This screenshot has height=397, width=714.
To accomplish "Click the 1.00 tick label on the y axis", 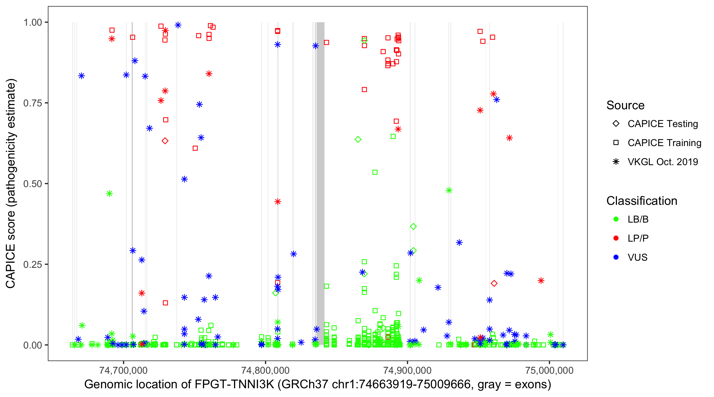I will pyautogui.click(x=33, y=22).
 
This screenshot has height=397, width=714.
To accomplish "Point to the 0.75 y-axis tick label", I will pyautogui.click(x=33, y=103).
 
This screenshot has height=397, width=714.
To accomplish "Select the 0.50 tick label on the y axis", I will pyautogui.click(x=33, y=184).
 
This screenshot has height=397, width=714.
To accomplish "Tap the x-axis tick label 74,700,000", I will pyautogui.click(x=123, y=370).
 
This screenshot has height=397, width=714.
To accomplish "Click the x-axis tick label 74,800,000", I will pyautogui.click(x=265, y=370).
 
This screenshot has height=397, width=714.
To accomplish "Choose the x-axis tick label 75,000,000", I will pyautogui.click(x=549, y=370).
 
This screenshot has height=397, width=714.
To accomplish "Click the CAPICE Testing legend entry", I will pyautogui.click(x=662, y=124).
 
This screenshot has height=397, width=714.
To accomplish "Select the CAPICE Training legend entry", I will pyautogui.click(x=664, y=143).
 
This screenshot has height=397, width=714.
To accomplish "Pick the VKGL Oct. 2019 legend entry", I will pyautogui.click(x=662, y=162).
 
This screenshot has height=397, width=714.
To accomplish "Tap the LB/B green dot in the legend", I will pyautogui.click(x=616, y=219).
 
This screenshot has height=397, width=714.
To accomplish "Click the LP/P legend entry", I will pyautogui.click(x=638, y=238).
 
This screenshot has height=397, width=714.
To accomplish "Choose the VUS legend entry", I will pyautogui.click(x=637, y=258).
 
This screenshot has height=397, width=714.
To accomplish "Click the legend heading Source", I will pyautogui.click(x=625, y=105).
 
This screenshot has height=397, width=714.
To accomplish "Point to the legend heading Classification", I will pyautogui.click(x=642, y=201).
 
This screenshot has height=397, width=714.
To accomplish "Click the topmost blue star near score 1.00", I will pyautogui.click(x=178, y=25).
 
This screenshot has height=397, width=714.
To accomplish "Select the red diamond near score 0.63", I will pyautogui.click(x=165, y=141).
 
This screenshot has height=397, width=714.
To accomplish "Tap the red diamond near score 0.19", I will pyautogui.click(x=494, y=283).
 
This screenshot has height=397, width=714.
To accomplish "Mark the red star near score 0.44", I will pyautogui.click(x=278, y=202).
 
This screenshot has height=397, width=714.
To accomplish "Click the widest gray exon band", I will pyautogui.click(x=321, y=183).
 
